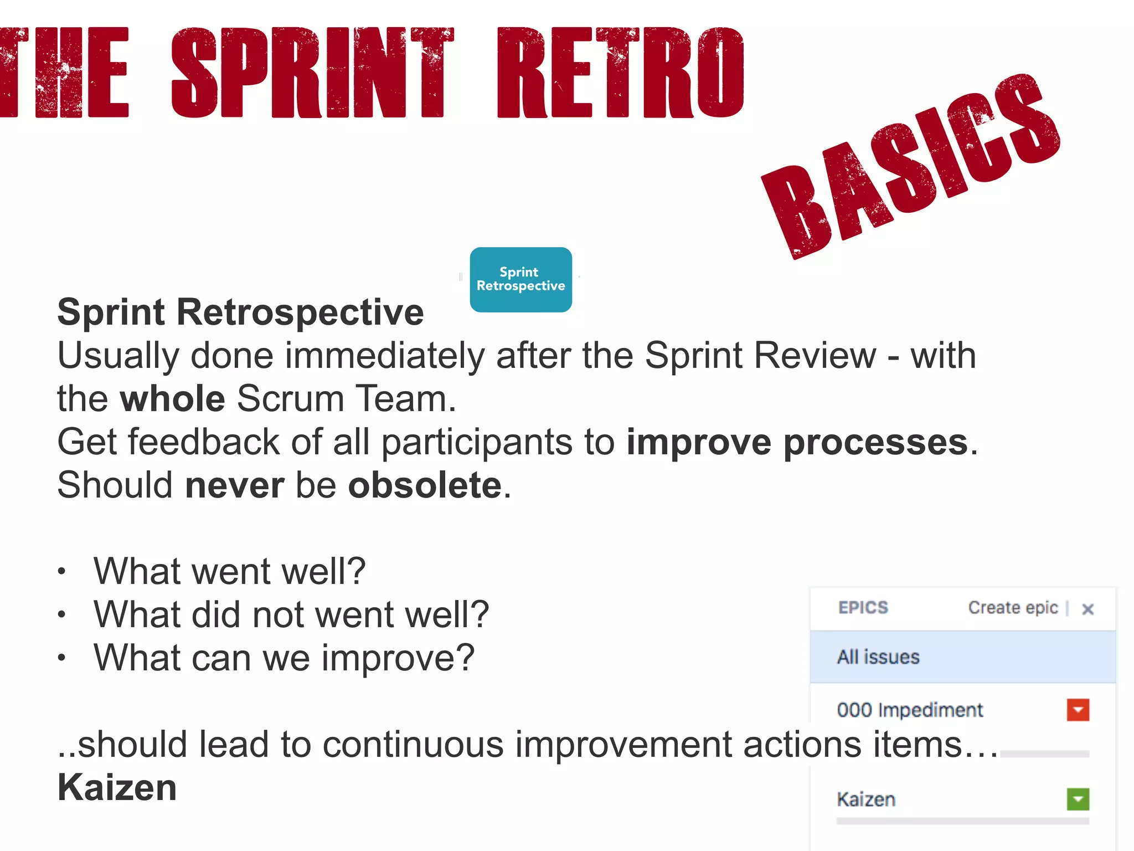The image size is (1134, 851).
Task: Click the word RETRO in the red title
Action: click(620, 73)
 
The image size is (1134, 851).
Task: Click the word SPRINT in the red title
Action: click(313, 73)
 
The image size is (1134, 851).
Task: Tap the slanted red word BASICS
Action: click(911, 166)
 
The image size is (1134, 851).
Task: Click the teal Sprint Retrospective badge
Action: click(520, 279)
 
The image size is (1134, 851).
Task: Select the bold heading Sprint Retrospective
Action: click(240, 312)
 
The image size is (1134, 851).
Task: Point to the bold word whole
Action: click(172, 399)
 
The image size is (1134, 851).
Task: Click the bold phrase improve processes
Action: click(797, 442)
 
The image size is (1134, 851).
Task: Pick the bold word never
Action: click(235, 485)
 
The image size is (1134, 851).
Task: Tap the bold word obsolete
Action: click(425, 485)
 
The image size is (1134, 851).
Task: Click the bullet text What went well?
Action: click(229, 571)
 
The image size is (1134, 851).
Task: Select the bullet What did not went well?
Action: click(291, 614)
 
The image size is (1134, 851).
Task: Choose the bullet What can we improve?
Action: click(284, 658)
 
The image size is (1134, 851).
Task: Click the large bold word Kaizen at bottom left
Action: click(117, 788)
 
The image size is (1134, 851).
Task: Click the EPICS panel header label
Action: click(863, 608)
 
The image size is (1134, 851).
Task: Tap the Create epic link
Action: click(1013, 608)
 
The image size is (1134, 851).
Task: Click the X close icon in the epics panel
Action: click(1087, 609)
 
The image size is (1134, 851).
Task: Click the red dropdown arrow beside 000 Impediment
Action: click(1078, 710)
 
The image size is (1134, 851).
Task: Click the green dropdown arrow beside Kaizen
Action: click(1078, 799)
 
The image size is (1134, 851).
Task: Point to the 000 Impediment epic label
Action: click(910, 710)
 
